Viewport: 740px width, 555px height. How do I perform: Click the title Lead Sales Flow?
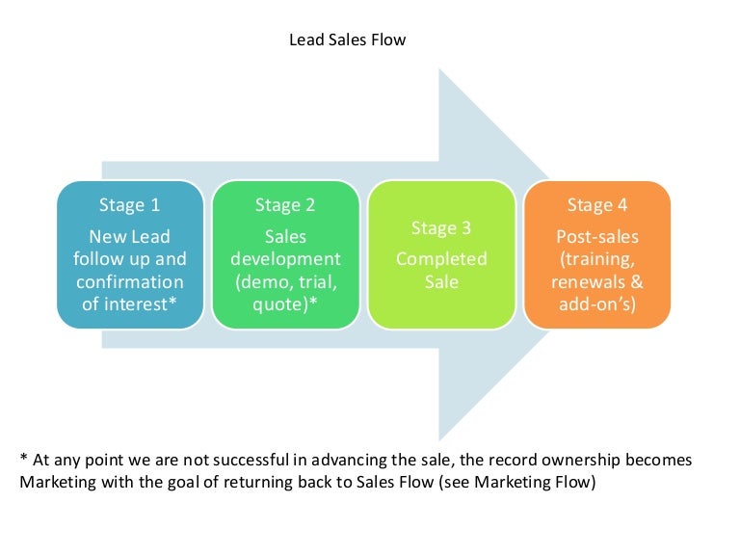tap(348, 40)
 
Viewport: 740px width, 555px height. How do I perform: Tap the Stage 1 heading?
tap(129, 204)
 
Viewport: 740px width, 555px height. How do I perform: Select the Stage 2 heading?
tap(285, 204)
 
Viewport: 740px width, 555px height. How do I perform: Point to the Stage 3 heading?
tap(441, 228)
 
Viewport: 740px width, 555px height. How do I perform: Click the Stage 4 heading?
tap(597, 204)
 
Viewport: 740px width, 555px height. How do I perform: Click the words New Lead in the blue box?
tap(129, 235)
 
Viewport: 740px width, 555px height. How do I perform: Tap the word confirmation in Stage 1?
tap(129, 282)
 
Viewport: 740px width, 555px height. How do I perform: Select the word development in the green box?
tap(285, 259)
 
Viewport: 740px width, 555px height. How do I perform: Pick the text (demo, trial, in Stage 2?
tap(285, 282)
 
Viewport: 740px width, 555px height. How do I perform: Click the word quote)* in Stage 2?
tap(285, 305)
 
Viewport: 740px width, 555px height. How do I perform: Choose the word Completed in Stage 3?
tap(441, 259)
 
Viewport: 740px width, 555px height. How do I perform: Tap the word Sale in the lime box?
tap(441, 282)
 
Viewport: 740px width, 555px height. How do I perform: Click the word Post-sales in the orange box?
tap(597, 235)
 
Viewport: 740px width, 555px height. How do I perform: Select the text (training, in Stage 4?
tap(597, 259)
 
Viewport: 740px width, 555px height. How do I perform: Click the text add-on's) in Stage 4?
tap(597, 305)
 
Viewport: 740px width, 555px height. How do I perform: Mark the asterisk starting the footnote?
tap(23, 461)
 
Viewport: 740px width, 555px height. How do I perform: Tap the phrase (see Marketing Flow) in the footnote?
tap(517, 483)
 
